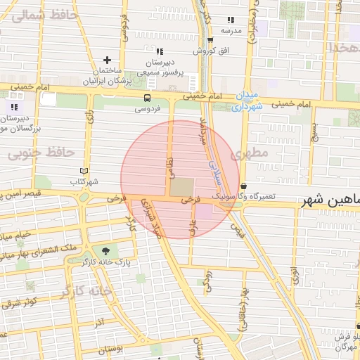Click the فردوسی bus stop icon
point(147,98)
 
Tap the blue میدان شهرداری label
point(247,101)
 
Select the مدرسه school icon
point(231,20)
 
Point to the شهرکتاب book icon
point(84,171)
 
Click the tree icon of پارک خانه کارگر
point(106,250)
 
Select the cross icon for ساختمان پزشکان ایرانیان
point(107,60)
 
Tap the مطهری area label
point(253,153)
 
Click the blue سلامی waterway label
point(214,166)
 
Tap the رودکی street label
point(207,281)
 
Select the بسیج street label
point(314,131)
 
